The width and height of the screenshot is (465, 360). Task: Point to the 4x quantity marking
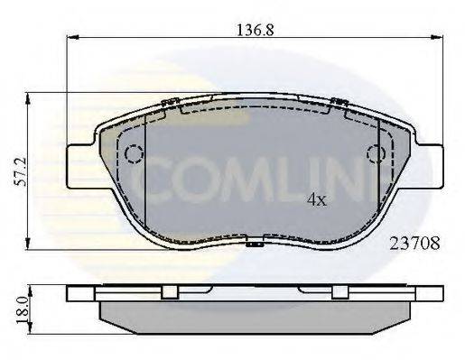(316, 199)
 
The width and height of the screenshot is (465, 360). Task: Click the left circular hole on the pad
(134, 154)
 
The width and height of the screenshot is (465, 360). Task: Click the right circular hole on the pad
(375, 154)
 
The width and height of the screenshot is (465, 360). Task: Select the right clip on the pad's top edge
(339, 103)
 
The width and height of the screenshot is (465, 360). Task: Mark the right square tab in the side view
(339, 292)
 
